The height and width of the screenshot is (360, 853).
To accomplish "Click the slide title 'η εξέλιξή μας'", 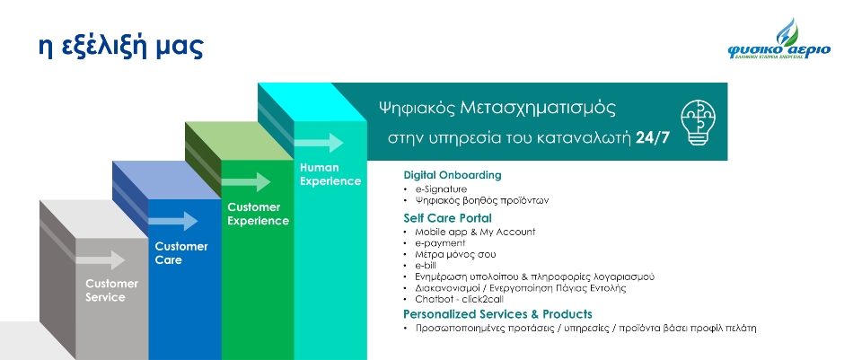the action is click(x=121, y=47).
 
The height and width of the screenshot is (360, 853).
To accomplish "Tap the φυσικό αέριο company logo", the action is click(x=779, y=40).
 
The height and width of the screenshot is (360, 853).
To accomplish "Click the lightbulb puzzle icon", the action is click(x=698, y=122).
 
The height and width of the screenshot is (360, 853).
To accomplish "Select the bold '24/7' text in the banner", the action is click(x=653, y=138).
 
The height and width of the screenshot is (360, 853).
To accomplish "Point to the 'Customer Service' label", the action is click(x=111, y=290).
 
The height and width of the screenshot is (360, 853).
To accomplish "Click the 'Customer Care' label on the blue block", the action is click(x=181, y=253).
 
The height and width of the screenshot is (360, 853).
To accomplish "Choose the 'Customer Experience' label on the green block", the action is click(x=258, y=214).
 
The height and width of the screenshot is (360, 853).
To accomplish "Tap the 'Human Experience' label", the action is click(x=330, y=174).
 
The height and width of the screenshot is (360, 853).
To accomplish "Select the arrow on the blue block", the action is click(x=173, y=221).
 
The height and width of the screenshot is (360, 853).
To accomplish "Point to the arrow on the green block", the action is click(x=246, y=181).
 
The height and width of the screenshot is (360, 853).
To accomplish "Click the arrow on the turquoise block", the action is click(x=319, y=143).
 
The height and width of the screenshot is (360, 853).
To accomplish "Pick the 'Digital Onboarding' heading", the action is click(x=452, y=175).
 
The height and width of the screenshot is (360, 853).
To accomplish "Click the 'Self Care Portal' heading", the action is click(x=447, y=218).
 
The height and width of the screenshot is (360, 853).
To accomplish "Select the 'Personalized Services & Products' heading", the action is click(x=497, y=314).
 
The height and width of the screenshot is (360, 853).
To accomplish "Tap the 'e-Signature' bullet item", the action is click(x=441, y=189).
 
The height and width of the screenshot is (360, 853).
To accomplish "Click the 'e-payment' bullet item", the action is click(x=440, y=243).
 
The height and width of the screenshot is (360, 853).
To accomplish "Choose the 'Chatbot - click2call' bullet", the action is click(x=463, y=300).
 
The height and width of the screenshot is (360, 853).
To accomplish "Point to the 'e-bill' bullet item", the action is click(x=426, y=266).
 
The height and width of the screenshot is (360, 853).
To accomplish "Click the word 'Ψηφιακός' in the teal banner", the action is click(x=416, y=109).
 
